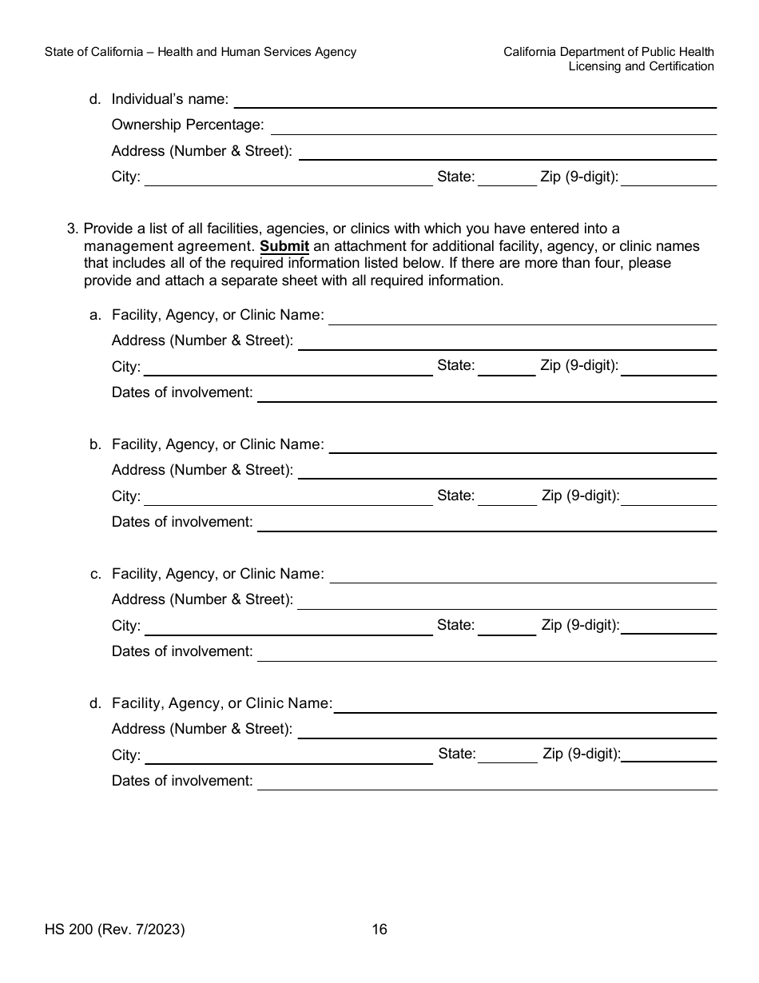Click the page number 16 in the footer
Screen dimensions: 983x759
point(379,929)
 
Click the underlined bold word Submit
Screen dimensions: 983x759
point(284,246)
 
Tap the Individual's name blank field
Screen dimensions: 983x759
point(475,99)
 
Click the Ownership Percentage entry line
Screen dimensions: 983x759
point(493,125)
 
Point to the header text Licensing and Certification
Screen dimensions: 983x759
point(641,66)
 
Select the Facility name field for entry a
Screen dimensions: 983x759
point(523,316)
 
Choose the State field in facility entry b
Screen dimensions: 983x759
point(507,496)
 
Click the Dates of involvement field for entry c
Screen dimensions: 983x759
point(487,652)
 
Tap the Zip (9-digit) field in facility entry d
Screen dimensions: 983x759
point(669,754)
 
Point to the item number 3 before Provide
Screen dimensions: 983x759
point(73,229)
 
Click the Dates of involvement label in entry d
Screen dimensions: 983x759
point(182,781)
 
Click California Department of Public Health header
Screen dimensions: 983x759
point(609,52)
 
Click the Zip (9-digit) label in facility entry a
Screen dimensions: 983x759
point(579,366)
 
